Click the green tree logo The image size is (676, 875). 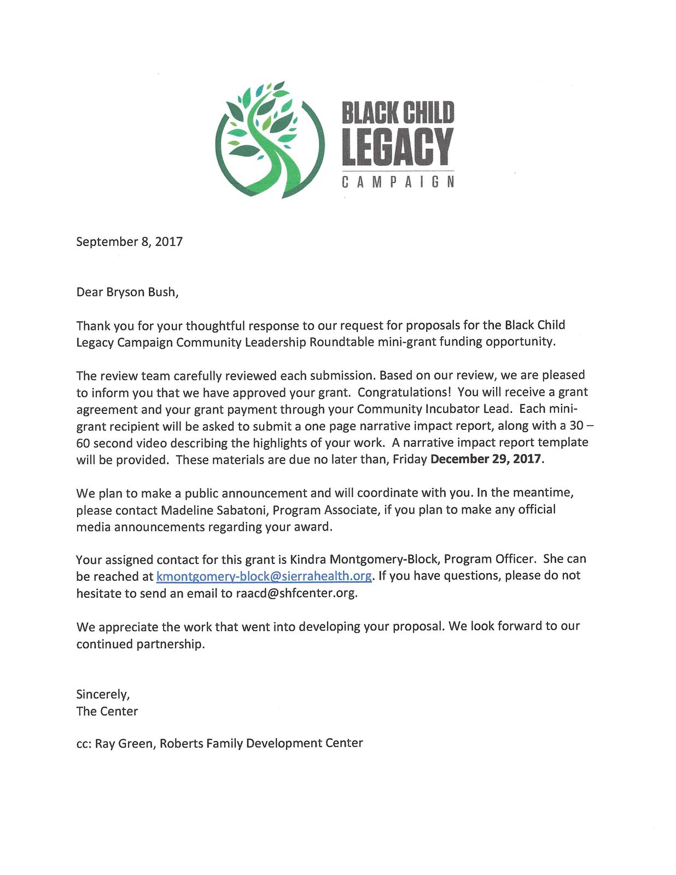[x=269, y=141]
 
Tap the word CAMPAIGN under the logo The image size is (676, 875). [x=398, y=182]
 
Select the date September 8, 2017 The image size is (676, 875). [x=129, y=242]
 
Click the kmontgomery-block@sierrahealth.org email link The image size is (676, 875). [x=264, y=576]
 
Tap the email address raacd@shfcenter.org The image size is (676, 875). [x=296, y=593]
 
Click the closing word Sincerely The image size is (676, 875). [x=102, y=695]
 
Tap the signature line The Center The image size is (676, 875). [x=107, y=711]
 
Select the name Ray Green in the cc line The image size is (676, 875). [x=124, y=744]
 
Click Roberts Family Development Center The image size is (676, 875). [x=261, y=743]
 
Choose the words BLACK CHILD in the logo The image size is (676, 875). [x=398, y=113]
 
